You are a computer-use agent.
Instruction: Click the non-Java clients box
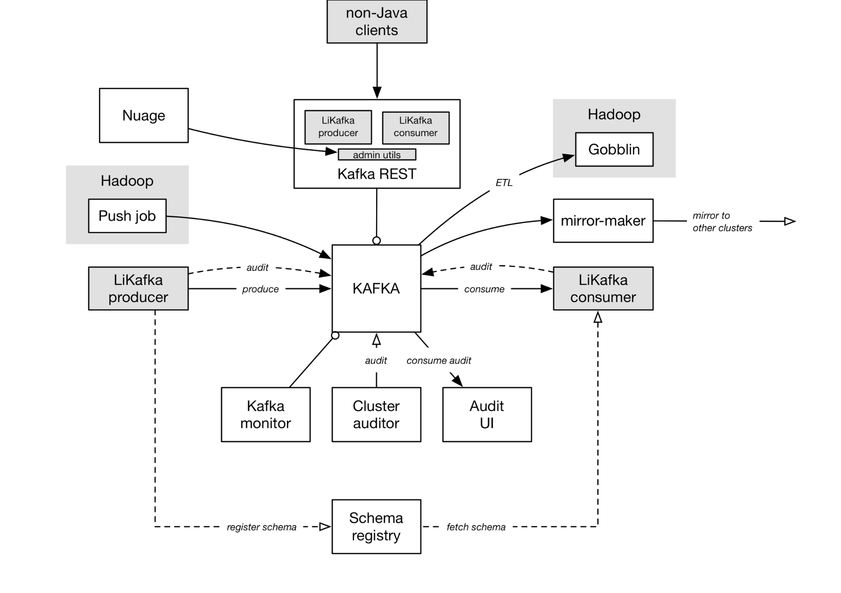(x=377, y=21)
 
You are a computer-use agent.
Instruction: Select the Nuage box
(x=143, y=115)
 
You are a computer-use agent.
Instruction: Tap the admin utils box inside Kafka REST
(x=377, y=155)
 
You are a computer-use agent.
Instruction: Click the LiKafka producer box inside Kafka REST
(x=338, y=127)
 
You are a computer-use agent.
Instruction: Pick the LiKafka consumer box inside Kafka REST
(x=415, y=127)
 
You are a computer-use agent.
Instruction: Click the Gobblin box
(x=614, y=149)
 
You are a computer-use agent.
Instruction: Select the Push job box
(x=127, y=216)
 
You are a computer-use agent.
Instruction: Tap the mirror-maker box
(x=603, y=221)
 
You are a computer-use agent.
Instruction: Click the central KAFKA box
(x=376, y=289)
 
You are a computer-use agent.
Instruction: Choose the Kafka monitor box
(x=265, y=415)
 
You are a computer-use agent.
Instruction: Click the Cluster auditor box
(x=376, y=415)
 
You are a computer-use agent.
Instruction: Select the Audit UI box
(x=487, y=415)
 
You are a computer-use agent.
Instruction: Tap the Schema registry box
(x=376, y=527)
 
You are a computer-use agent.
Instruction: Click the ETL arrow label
(x=504, y=183)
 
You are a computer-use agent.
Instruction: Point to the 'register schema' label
(x=261, y=527)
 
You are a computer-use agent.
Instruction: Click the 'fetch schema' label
(x=476, y=527)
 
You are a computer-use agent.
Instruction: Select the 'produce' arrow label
(x=260, y=289)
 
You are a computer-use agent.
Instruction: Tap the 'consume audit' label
(x=438, y=361)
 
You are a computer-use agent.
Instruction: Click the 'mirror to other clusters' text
(x=722, y=222)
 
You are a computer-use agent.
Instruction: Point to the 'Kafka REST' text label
(x=377, y=174)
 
